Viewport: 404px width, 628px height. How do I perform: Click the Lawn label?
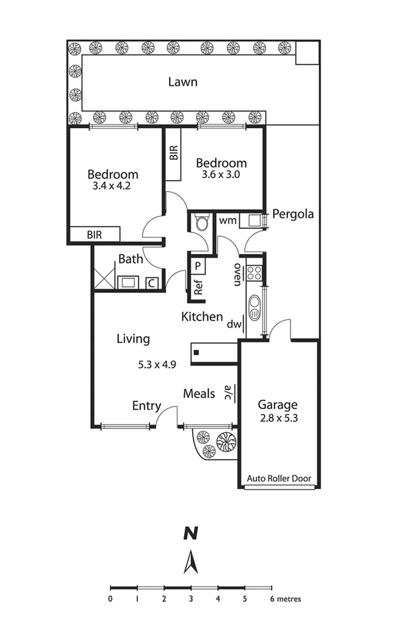click(x=182, y=82)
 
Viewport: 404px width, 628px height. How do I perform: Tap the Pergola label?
click(x=293, y=214)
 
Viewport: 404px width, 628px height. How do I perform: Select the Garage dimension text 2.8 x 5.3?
click(x=278, y=418)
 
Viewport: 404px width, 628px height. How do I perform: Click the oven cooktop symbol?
click(x=254, y=273)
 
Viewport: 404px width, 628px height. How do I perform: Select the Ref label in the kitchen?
click(x=198, y=287)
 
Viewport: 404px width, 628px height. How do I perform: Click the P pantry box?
click(x=198, y=265)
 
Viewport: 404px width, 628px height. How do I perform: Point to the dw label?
click(x=233, y=325)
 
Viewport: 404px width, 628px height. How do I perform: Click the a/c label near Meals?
click(x=228, y=392)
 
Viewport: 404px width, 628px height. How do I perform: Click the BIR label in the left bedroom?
click(x=94, y=234)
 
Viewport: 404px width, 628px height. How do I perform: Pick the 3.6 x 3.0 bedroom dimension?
click(x=221, y=174)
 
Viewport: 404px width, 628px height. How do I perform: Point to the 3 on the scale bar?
click(x=191, y=599)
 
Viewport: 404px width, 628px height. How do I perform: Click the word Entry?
click(x=146, y=406)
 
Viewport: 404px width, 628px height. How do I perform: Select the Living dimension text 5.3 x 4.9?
click(x=157, y=365)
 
